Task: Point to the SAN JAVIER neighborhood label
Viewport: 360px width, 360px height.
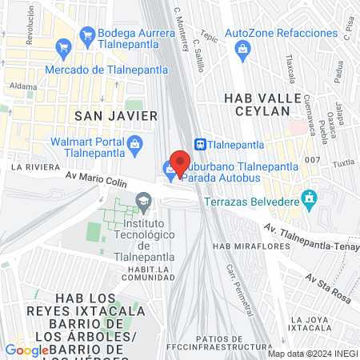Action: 115,116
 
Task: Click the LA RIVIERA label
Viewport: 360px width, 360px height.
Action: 30,167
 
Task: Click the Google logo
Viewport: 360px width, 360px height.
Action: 27,350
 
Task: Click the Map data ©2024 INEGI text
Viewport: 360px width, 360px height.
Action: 312,354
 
